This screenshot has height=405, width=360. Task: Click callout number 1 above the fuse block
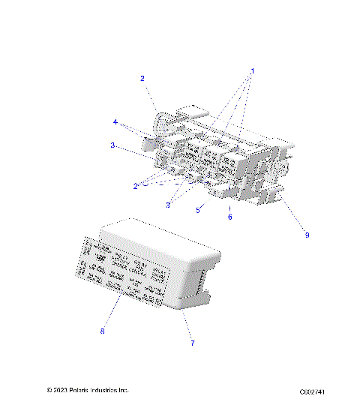click(x=253, y=71)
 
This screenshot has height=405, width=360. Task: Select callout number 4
click(x=115, y=121)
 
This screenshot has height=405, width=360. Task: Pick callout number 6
click(x=230, y=217)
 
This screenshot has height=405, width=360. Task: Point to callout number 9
click(x=307, y=235)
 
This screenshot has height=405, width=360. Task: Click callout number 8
click(x=103, y=330)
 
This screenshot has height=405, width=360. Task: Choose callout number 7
click(x=192, y=343)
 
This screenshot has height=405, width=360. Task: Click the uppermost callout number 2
click(x=142, y=78)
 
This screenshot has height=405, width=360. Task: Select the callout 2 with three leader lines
click(x=136, y=186)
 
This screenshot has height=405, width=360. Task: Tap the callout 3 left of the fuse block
click(x=113, y=145)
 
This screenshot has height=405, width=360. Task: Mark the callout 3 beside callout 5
click(x=169, y=205)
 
